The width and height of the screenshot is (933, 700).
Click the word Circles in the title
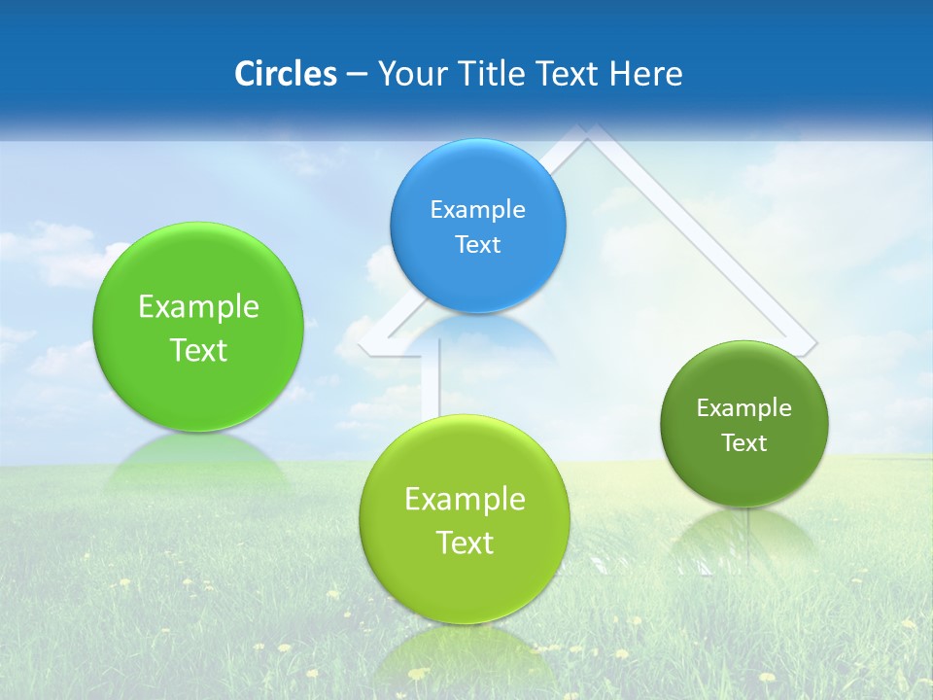pyautogui.click(x=285, y=74)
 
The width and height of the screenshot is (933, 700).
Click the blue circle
pyautogui.click(x=477, y=226)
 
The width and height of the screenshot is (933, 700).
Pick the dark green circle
pyautogui.click(x=744, y=424)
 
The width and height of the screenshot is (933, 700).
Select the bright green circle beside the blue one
pyautogui.click(x=198, y=327)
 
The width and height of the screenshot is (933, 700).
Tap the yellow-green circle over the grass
pyautogui.click(x=465, y=519)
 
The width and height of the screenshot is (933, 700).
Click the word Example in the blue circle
pyautogui.click(x=477, y=209)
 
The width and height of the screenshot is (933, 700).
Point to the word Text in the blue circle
pyautogui.click(x=477, y=244)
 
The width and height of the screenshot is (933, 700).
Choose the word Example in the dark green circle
pyautogui.click(x=744, y=407)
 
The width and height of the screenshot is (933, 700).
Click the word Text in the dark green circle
pyautogui.click(x=744, y=442)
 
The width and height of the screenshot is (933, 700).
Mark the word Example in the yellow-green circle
pyautogui.click(x=465, y=499)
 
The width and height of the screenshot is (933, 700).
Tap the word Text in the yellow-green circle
pyautogui.click(x=465, y=542)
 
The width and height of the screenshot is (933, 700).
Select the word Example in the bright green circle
pyautogui.click(x=198, y=306)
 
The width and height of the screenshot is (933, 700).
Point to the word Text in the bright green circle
pyautogui.click(x=198, y=350)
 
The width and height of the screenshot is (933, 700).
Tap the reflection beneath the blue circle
pyautogui.click(x=477, y=335)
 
